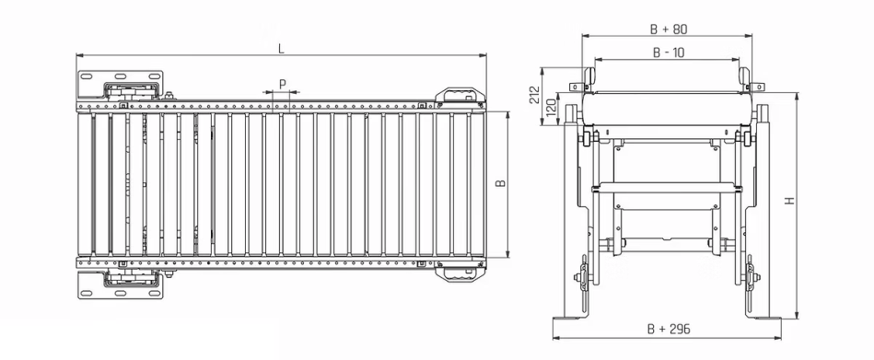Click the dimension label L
pos(281,49)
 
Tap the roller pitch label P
pos(283,84)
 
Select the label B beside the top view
pos(501,183)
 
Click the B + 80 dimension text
pos(668,29)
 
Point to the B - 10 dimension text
pos(668,52)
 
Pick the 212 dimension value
pos(534,95)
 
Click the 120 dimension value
pos(551,108)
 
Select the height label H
pos(790,201)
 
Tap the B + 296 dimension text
pos(669,330)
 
